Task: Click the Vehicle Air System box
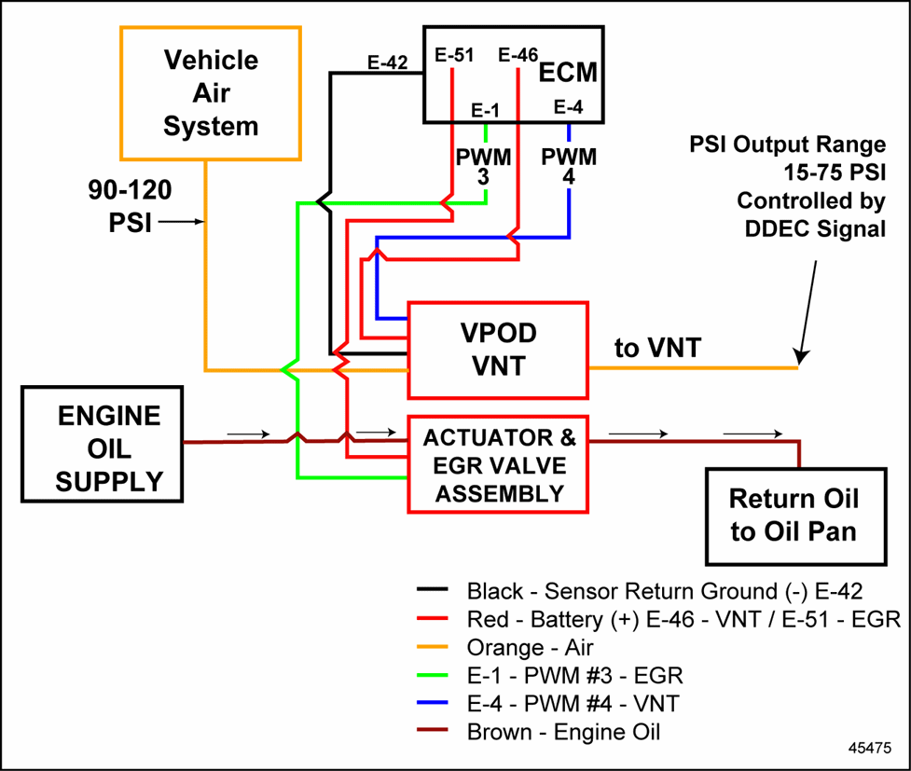211,92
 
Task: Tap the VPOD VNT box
498,350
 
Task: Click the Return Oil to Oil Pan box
793,515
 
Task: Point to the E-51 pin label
455,56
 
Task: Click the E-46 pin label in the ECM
518,56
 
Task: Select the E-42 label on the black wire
387,63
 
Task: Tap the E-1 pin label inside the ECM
485,110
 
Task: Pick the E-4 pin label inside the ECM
568,108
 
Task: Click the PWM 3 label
483,166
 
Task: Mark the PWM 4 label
569,166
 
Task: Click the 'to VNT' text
657,348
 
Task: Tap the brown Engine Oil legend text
563,732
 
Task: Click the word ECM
568,72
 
